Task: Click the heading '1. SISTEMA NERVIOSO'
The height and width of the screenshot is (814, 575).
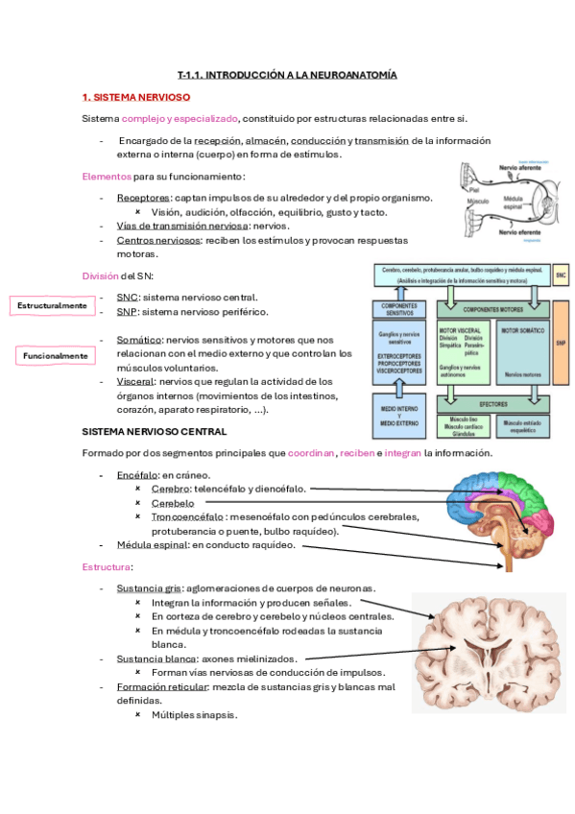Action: click(x=136, y=97)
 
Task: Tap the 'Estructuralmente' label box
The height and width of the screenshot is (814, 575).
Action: click(x=53, y=305)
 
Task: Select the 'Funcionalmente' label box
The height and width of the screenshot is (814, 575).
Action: click(x=56, y=356)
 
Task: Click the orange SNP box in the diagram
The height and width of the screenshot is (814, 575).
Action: click(x=562, y=341)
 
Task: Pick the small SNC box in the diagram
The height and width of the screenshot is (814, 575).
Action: click(x=561, y=275)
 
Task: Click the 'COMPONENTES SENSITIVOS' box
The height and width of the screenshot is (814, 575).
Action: click(x=400, y=309)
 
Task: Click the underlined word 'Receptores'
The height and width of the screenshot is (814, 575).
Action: click(x=144, y=198)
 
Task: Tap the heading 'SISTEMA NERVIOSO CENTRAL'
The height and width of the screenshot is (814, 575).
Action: click(x=155, y=432)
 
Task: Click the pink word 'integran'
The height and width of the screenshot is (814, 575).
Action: click(x=401, y=453)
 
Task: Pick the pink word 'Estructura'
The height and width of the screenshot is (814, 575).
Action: click(x=107, y=567)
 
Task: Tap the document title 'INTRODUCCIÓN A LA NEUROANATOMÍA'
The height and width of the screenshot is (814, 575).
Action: click(x=287, y=74)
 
